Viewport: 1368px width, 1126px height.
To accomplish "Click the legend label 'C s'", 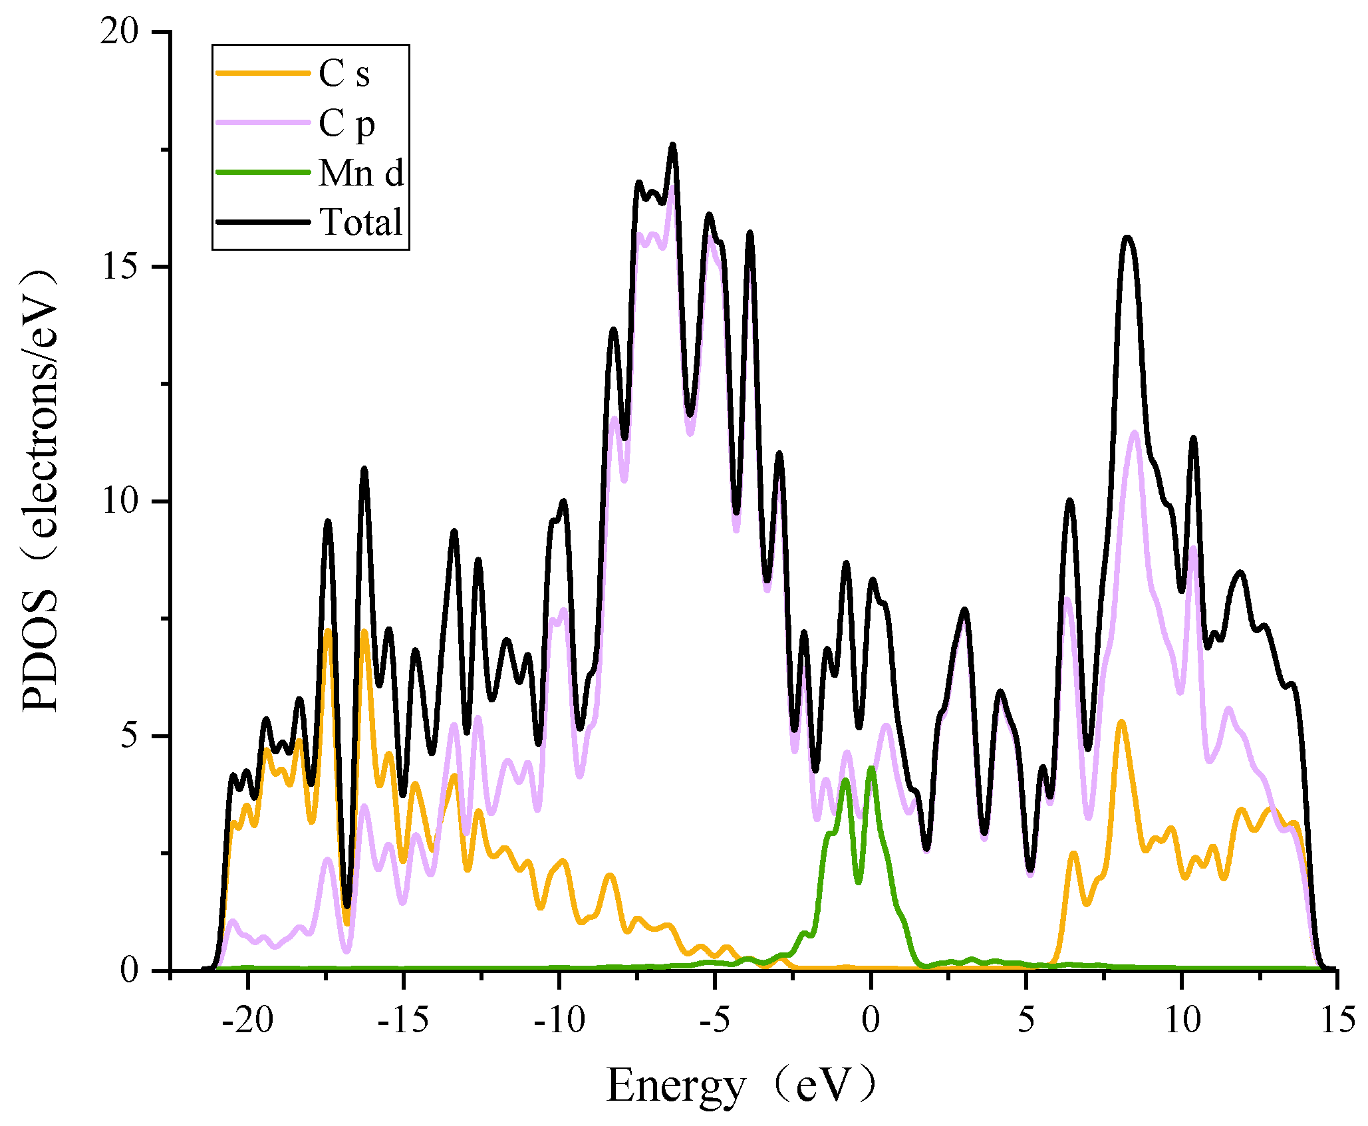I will tap(344, 73).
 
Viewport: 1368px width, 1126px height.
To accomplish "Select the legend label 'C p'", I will tap(346, 124).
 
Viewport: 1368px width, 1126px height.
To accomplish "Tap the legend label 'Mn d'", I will tap(361, 174).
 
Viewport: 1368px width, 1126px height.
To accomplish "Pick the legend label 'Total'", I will tap(361, 222).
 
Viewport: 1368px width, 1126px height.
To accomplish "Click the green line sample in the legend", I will tap(263, 172).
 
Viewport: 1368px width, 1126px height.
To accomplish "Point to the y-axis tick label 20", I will tap(119, 32).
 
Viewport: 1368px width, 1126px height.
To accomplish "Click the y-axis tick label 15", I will tap(119, 267).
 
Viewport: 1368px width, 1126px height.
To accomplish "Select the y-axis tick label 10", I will tap(119, 501).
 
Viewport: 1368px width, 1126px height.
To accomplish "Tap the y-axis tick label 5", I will tap(130, 736).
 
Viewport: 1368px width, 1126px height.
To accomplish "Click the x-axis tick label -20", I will tap(247, 1020).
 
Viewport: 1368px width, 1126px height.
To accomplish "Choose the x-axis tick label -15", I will tap(403, 1020).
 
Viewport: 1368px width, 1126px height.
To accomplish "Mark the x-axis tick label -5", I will tap(715, 1020).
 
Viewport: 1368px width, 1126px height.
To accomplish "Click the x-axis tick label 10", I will tap(1182, 1020).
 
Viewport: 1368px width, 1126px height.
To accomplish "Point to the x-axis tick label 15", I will tap(1337, 1020).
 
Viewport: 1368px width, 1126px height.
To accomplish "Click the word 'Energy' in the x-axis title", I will tap(676, 1086).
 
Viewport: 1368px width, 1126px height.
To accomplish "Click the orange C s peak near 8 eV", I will tap(1122, 722).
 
